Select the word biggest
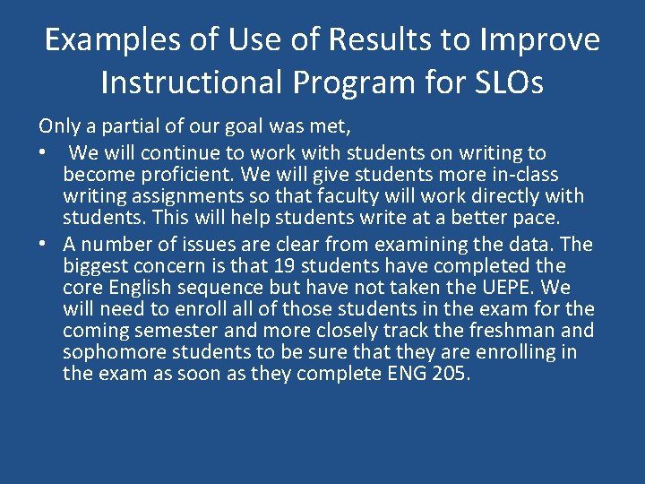pos(96,266)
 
